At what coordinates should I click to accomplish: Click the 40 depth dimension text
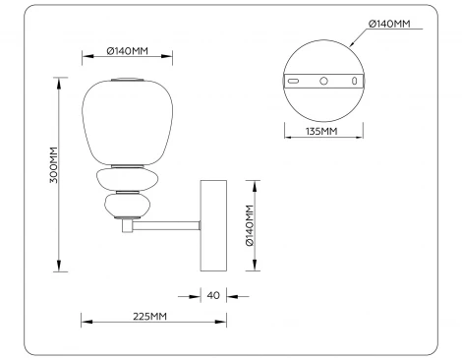pos(213,294)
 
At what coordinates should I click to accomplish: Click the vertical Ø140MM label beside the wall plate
pos(250,225)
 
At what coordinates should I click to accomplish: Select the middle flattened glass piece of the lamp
pos(124,180)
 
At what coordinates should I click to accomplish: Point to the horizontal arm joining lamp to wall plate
pos(167,226)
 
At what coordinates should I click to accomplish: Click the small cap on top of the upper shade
pos(126,77)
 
